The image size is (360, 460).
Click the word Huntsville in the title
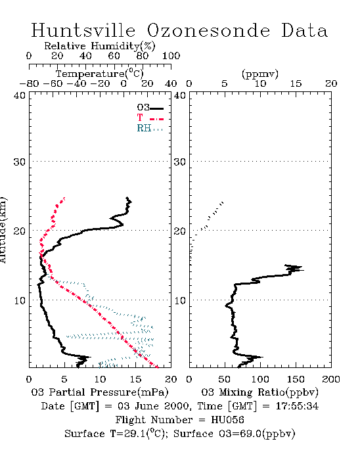click(x=83, y=30)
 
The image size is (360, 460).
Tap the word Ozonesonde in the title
click(x=208, y=30)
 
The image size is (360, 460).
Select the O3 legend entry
click(x=150, y=108)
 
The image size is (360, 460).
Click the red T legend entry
click(x=150, y=118)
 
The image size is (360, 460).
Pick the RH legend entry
click(x=150, y=128)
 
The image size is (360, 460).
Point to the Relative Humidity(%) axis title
click(x=100, y=46)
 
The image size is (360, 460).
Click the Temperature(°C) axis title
click(x=100, y=74)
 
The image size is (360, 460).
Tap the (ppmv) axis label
click(x=260, y=74)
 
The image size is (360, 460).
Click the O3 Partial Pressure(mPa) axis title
click(x=100, y=392)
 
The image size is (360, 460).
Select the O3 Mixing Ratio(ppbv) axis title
click(x=259, y=392)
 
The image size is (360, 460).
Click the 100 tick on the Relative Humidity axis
click(x=171, y=56)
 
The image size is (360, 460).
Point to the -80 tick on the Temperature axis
click(x=29, y=83)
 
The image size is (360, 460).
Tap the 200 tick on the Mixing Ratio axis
click(x=331, y=379)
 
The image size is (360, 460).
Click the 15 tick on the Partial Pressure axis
click(x=135, y=379)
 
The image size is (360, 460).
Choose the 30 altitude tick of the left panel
click(x=19, y=162)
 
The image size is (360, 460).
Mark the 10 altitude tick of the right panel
click(x=180, y=301)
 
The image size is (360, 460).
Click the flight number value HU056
click(x=227, y=420)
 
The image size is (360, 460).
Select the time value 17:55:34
click(x=297, y=406)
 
